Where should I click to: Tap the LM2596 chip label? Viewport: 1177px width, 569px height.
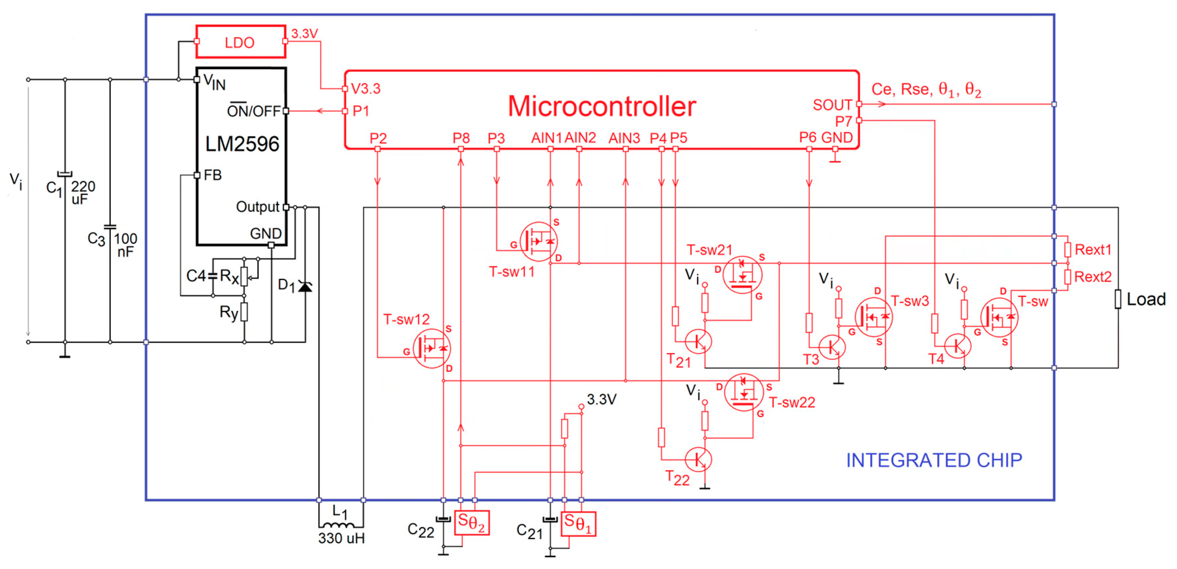[x=242, y=144]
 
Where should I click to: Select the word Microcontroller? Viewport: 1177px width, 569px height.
[x=601, y=106]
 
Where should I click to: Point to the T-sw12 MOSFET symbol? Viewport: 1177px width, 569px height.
[x=431, y=348]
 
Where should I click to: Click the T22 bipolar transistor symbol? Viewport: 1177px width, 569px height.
[x=698, y=459]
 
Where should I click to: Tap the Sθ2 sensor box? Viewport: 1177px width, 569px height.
[x=472, y=523]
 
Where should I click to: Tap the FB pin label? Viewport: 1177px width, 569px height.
[x=212, y=175]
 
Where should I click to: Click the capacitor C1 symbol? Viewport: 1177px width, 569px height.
[x=65, y=174]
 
